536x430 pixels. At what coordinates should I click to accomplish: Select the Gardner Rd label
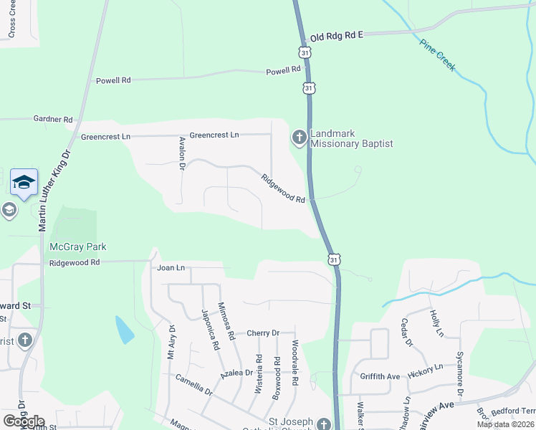coord(53,119)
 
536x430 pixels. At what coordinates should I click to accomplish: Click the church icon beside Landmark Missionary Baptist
coord(299,136)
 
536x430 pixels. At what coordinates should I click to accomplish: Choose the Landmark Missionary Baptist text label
coord(352,138)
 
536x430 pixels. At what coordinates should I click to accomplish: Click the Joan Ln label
coord(171,267)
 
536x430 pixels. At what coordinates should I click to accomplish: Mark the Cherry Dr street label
coord(262,333)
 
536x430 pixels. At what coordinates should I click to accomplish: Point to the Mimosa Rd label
coord(228,320)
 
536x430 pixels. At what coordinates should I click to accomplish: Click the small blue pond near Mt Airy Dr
coord(124,329)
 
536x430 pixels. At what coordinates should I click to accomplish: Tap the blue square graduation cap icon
coord(24,183)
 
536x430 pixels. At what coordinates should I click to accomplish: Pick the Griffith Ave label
coord(380,376)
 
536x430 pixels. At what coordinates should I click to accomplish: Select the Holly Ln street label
coord(436,322)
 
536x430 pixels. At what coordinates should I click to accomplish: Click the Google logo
coord(24,421)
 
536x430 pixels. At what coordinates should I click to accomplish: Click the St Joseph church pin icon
coord(325,424)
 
